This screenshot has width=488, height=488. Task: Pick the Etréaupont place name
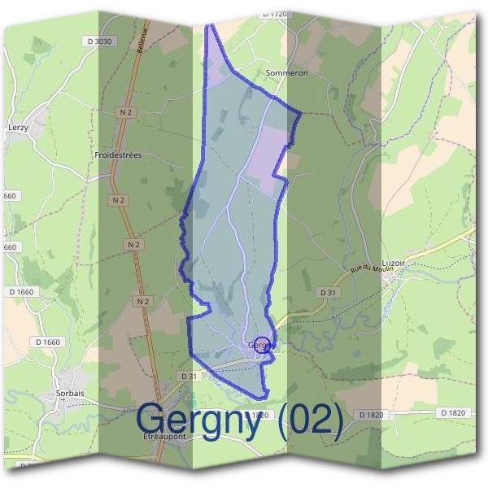pos(165,436)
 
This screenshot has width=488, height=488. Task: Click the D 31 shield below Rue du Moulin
pos(328,292)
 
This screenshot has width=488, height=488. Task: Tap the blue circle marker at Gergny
pos(262,345)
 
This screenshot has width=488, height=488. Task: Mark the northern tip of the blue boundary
pos(210,26)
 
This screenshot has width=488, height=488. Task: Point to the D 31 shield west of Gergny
pos(189,376)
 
